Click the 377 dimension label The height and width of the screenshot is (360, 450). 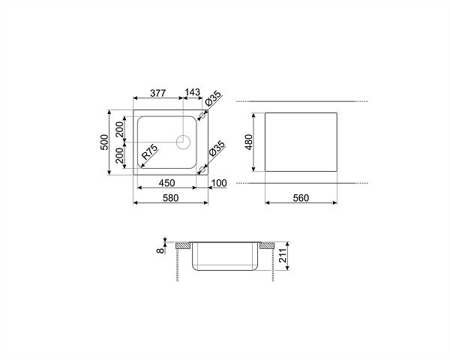158,93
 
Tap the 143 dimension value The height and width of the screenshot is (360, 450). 192,92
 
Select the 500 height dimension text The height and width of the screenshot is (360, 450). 104,142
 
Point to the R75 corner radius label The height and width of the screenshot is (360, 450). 150,151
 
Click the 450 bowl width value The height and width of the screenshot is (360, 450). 166,183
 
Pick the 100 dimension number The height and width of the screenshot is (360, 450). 219,183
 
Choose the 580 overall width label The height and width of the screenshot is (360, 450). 170,198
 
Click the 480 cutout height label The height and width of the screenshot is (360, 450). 248,142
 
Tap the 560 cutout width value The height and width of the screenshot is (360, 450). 301,198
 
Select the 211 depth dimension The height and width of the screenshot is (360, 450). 283,256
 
